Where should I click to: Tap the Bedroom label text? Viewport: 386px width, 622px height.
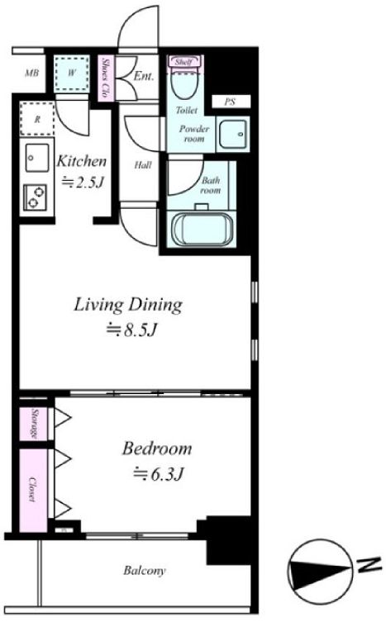point(156,449)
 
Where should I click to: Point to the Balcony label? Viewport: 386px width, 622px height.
point(145,571)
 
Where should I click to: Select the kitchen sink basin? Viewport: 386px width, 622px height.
point(36,154)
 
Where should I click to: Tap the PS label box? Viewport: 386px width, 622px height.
point(231,102)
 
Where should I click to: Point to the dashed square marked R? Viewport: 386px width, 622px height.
point(36,118)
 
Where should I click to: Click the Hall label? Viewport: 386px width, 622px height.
point(141,165)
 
